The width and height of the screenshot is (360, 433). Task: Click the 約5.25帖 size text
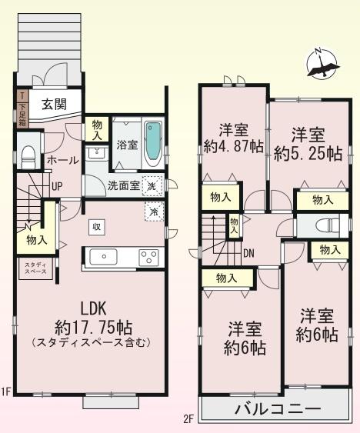pyautogui.click(x=308, y=152)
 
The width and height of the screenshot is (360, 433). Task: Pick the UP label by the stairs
pyautogui.click(x=57, y=186)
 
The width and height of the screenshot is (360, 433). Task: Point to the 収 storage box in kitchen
pyautogui.click(x=97, y=227)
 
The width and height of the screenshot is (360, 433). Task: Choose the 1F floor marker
pyautogui.click(x=6, y=392)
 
